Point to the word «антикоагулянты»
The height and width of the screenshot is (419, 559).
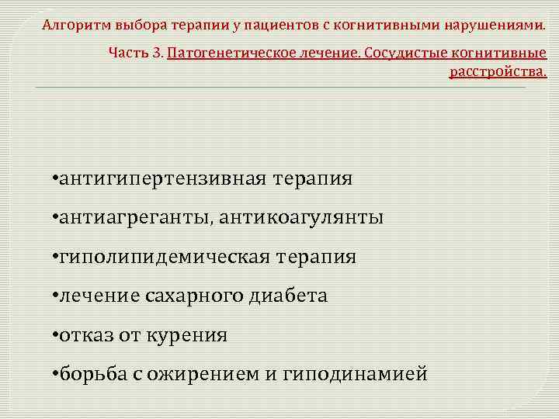pyautogui.click(x=300, y=218)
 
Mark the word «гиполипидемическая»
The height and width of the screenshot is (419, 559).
pyautogui.click(x=162, y=257)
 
